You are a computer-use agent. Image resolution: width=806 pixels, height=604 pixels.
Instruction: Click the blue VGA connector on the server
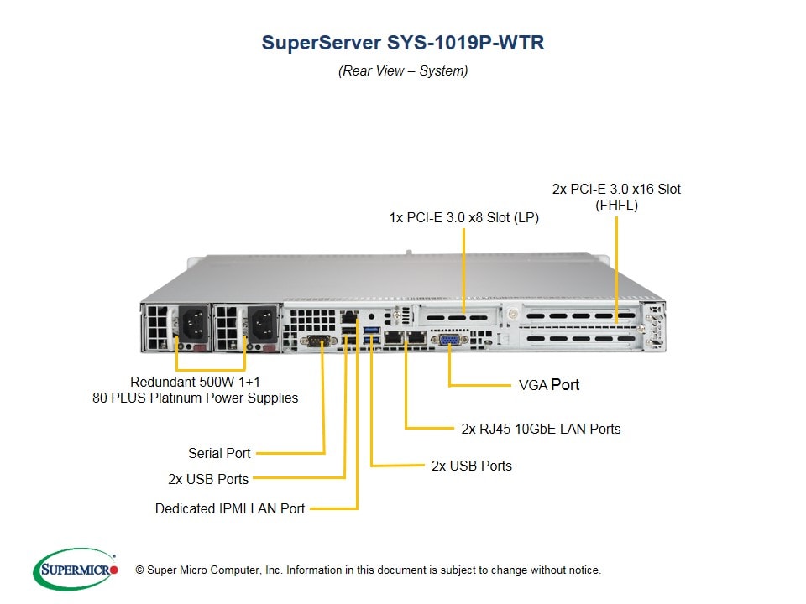coord(448,339)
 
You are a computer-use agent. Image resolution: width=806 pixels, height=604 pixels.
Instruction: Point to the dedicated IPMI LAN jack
coord(349,320)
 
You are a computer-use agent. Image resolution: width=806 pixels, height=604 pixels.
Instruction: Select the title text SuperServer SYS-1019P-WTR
coord(403,43)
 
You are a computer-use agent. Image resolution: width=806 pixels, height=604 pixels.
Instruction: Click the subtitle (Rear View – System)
coord(403,71)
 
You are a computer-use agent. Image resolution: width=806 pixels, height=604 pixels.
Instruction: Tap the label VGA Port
coord(549,385)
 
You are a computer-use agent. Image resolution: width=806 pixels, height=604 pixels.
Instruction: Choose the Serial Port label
coord(219,453)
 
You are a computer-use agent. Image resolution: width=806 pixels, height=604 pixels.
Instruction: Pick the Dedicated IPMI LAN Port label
coord(230,508)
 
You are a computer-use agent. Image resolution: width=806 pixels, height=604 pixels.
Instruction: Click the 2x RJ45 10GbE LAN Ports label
coord(541,429)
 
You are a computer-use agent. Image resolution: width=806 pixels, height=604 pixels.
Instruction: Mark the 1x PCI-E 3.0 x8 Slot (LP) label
coord(463,218)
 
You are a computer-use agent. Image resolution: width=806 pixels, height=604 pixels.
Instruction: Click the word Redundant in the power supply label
coord(160,382)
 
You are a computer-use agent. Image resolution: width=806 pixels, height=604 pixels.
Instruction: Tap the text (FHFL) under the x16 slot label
coord(616,206)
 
